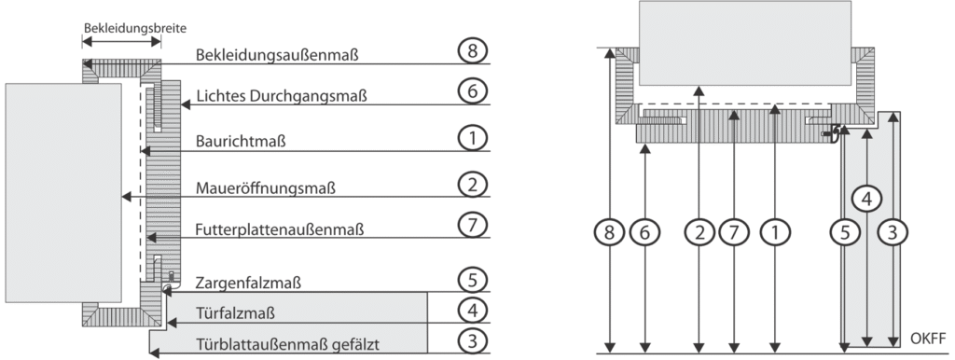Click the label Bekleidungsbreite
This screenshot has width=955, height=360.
point(135,28)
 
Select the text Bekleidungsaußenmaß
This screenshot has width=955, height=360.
point(277,55)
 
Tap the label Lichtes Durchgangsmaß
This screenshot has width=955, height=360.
point(282,96)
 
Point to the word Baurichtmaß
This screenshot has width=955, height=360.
point(241,142)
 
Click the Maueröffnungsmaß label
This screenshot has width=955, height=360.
point(266,188)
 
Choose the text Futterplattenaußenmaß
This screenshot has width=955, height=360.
point(280,229)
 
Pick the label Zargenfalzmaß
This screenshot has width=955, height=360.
point(248,284)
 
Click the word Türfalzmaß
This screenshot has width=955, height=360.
point(235,313)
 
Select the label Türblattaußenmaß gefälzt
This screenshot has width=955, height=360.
point(287,345)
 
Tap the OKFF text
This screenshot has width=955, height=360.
point(929,338)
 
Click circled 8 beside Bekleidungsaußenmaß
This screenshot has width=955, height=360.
point(473,51)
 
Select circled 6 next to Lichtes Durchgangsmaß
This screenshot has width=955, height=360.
point(473,92)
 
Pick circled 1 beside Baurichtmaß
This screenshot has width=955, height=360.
point(473,138)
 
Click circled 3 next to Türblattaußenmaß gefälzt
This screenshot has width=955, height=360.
point(473,340)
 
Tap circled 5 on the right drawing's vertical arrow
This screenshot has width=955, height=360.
point(844,232)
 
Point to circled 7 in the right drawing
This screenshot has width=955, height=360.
point(733,232)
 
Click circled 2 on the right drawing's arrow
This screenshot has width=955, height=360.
point(699,232)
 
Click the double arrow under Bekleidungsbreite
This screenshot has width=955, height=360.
point(122,41)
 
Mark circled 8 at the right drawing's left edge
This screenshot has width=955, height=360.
point(610,232)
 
